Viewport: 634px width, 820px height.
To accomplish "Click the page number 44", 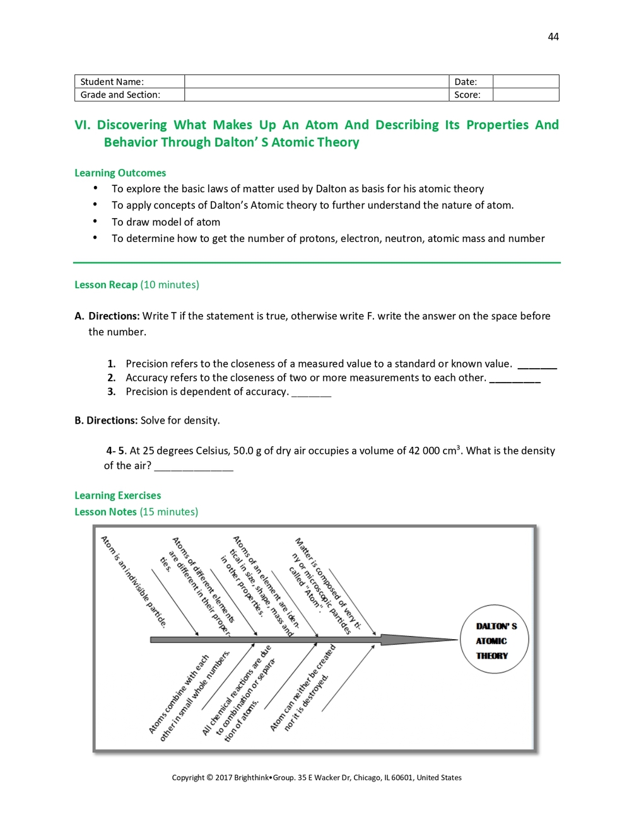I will point(553,37).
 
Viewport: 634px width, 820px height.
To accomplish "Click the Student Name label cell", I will point(129,81).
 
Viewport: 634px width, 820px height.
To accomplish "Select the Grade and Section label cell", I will point(129,95).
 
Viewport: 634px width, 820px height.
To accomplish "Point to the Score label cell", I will point(470,95).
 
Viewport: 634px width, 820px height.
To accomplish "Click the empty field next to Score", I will point(525,95).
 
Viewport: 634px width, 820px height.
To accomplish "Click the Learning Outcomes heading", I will point(120,173).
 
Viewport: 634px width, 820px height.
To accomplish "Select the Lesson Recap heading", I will point(106,285).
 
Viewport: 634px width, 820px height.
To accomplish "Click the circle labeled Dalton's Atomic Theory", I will point(496,640).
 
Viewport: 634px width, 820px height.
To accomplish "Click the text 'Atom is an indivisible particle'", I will point(134,582).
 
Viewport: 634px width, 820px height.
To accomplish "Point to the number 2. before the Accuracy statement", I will point(112,378).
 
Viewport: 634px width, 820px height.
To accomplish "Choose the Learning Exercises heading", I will point(117,495).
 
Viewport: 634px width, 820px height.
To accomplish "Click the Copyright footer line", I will point(317,778).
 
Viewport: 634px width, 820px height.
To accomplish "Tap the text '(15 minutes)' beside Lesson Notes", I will point(169,512).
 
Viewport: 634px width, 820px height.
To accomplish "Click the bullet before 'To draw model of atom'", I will point(95,221).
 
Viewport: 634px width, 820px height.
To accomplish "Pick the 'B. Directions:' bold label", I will point(106,420).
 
